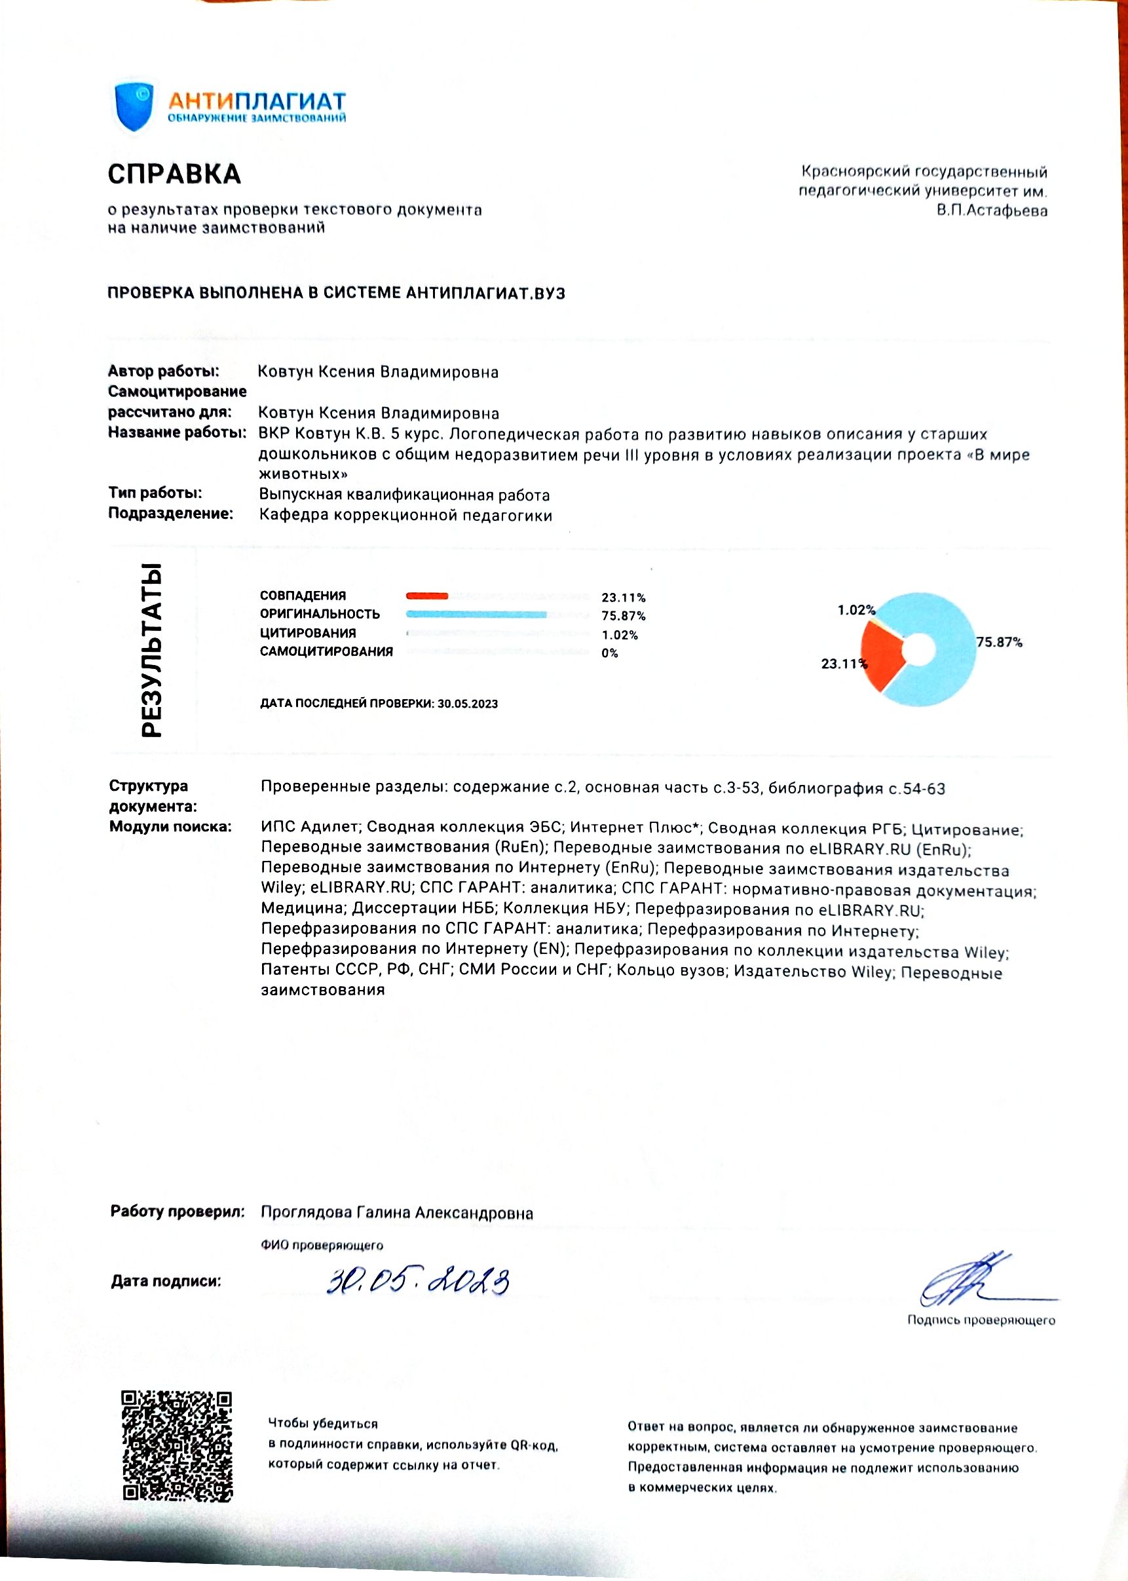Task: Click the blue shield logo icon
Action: [134, 106]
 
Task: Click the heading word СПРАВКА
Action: [174, 174]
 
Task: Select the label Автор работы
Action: [163, 371]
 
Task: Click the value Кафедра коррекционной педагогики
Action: [405, 516]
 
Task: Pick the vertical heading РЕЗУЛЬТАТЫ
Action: [151, 649]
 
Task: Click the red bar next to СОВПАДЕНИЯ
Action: [427, 596]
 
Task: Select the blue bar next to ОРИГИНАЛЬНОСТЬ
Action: [476, 614]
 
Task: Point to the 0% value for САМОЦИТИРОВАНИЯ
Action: [610, 653]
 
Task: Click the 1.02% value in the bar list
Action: [620, 635]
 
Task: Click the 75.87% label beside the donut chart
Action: [999, 643]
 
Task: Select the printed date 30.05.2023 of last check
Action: [468, 704]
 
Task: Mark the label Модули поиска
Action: [170, 827]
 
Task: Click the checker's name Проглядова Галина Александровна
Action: [396, 1213]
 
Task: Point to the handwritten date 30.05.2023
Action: [418, 1281]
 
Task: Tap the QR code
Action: [177, 1446]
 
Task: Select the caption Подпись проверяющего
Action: [981, 1320]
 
